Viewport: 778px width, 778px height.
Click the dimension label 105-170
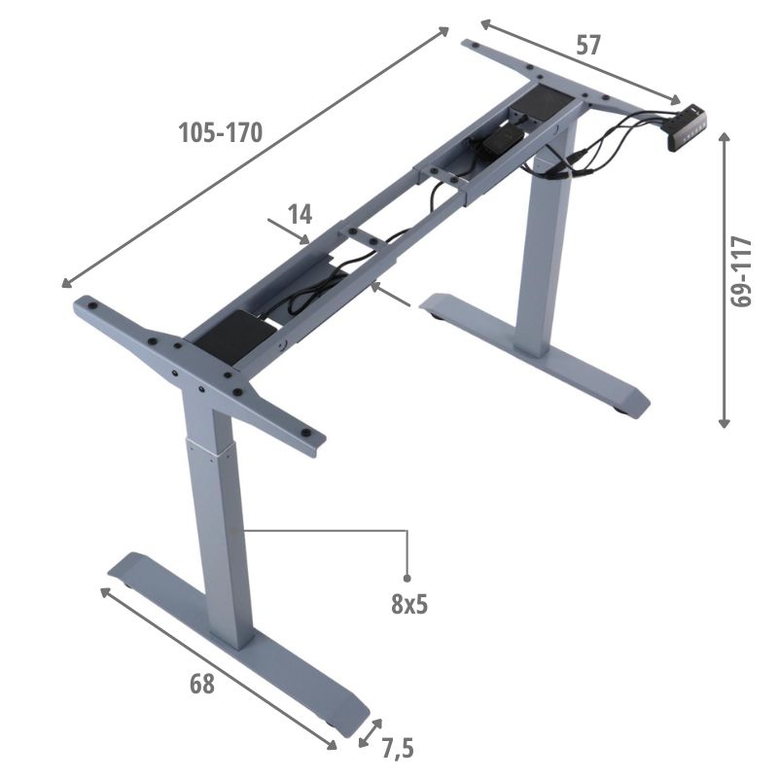pyautogui.click(x=221, y=133)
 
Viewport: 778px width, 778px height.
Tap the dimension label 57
pyautogui.click(x=588, y=45)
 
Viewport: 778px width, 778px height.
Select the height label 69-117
pyautogui.click(x=742, y=272)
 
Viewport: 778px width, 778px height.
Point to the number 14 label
pyautogui.click(x=301, y=214)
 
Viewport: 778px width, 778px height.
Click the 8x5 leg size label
pyautogui.click(x=409, y=604)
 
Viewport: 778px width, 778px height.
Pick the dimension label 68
pyautogui.click(x=202, y=684)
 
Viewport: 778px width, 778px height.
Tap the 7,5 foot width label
pyautogui.click(x=398, y=748)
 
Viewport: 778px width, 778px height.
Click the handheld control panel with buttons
pyautogui.click(x=687, y=128)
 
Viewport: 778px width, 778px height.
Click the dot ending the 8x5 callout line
pyautogui.click(x=407, y=578)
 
